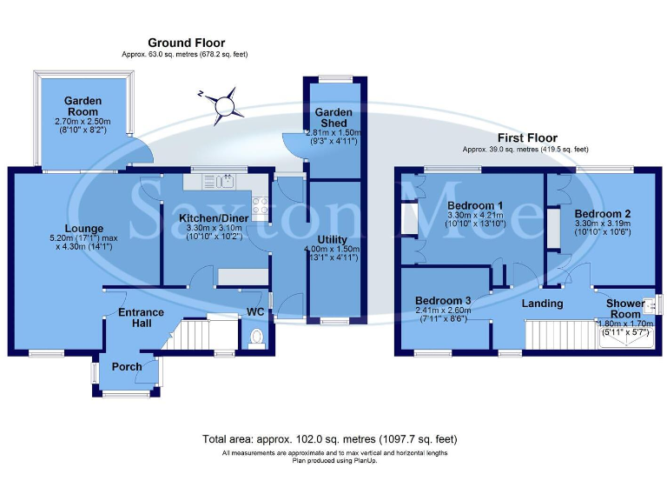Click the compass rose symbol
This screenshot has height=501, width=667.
point(226,105)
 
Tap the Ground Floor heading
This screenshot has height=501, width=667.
point(186,43)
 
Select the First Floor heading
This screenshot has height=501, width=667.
point(527,137)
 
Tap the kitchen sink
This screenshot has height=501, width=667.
point(226,181)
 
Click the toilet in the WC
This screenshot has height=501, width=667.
point(256,337)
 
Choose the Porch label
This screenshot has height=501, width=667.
point(127,367)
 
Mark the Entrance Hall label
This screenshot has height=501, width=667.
point(142,317)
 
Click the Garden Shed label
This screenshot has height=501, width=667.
point(333,117)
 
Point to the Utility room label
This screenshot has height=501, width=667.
point(332,239)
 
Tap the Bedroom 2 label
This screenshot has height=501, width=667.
point(602,213)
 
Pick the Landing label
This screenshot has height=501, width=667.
point(542,304)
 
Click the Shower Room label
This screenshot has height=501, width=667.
point(625,309)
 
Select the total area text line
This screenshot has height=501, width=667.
point(329,439)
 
